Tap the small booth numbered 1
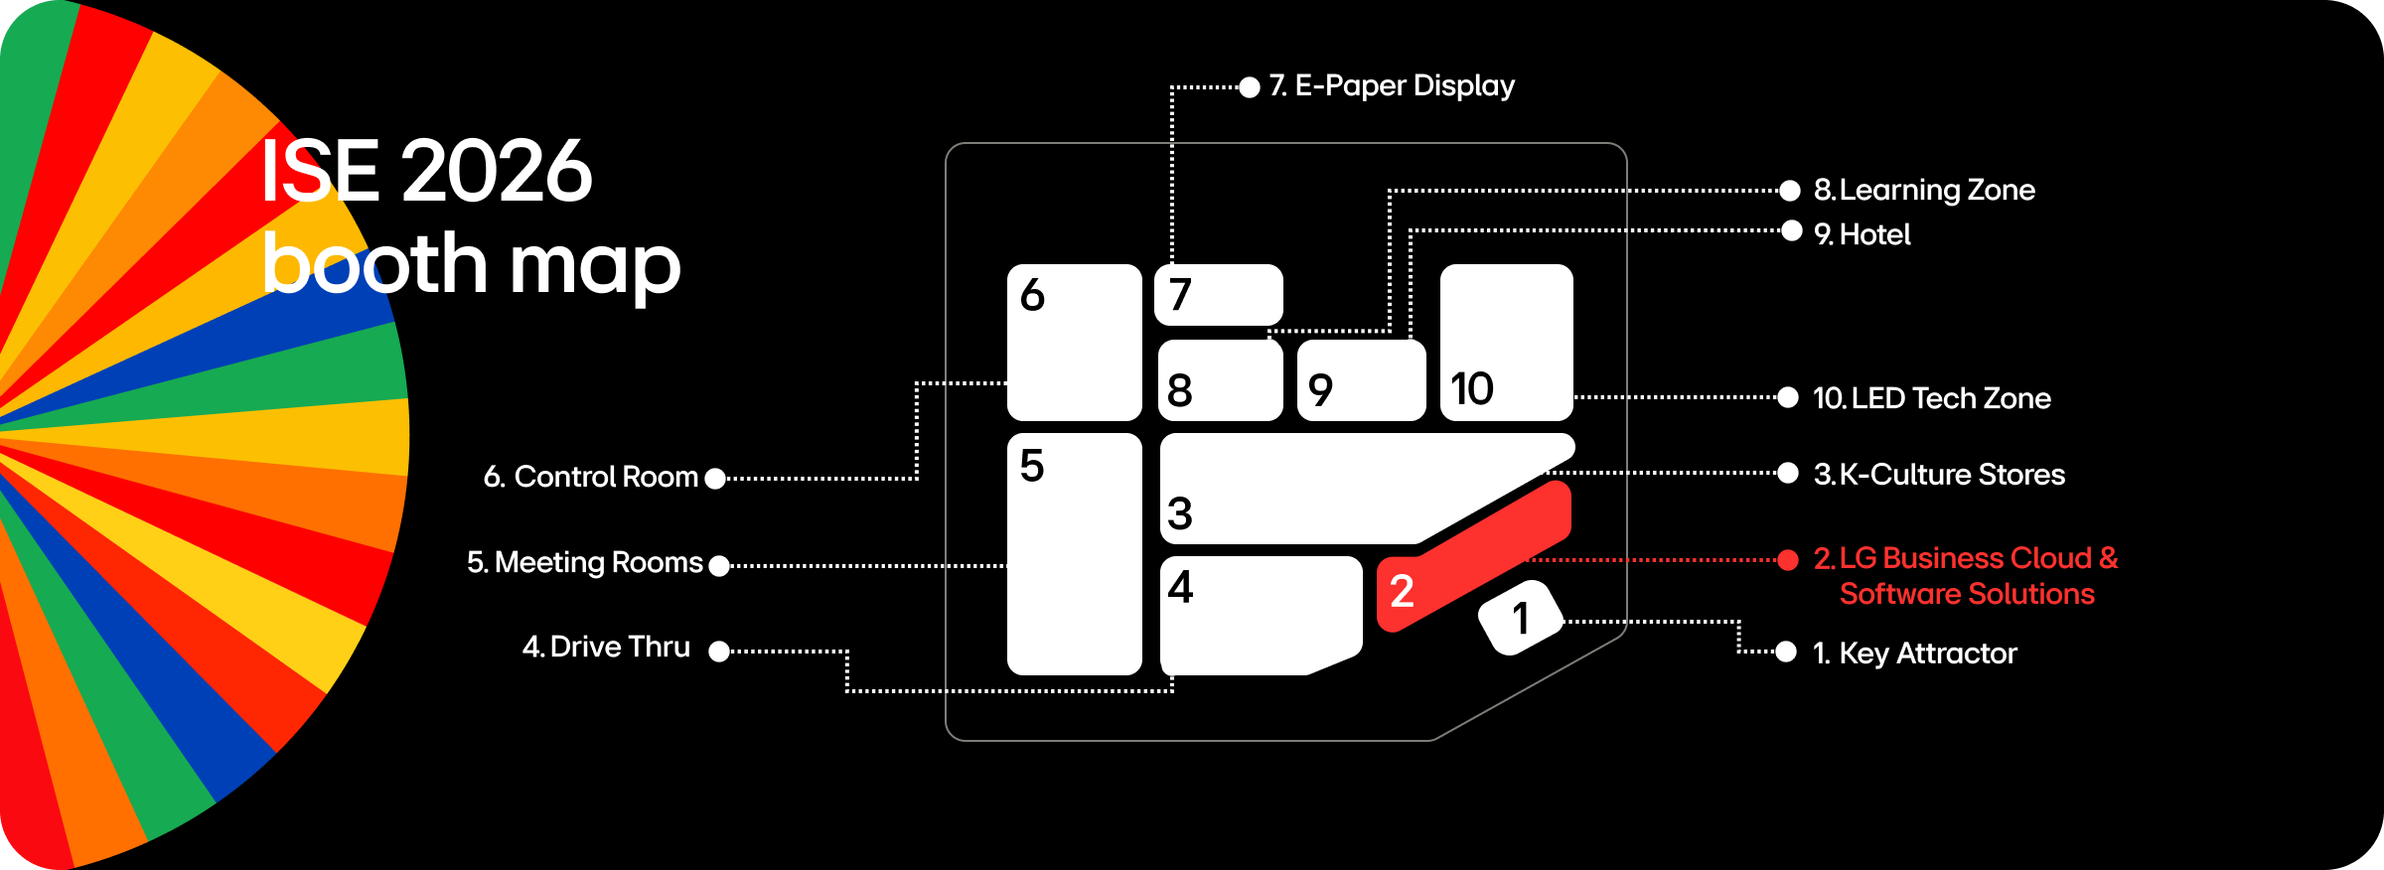click(1520, 618)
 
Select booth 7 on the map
click(1219, 294)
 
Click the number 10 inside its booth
click(1471, 388)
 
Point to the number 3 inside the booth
click(1179, 513)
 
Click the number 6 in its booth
click(1032, 295)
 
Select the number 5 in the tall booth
click(1032, 465)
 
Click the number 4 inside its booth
click(1180, 587)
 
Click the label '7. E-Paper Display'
click(1392, 85)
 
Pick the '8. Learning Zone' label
click(1924, 190)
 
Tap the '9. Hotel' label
click(1862, 234)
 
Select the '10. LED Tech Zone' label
click(1931, 398)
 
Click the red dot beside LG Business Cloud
click(1788, 560)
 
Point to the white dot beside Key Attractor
click(1786, 652)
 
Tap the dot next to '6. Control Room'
click(715, 478)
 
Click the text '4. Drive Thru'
click(606, 647)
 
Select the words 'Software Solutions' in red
click(1967, 594)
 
